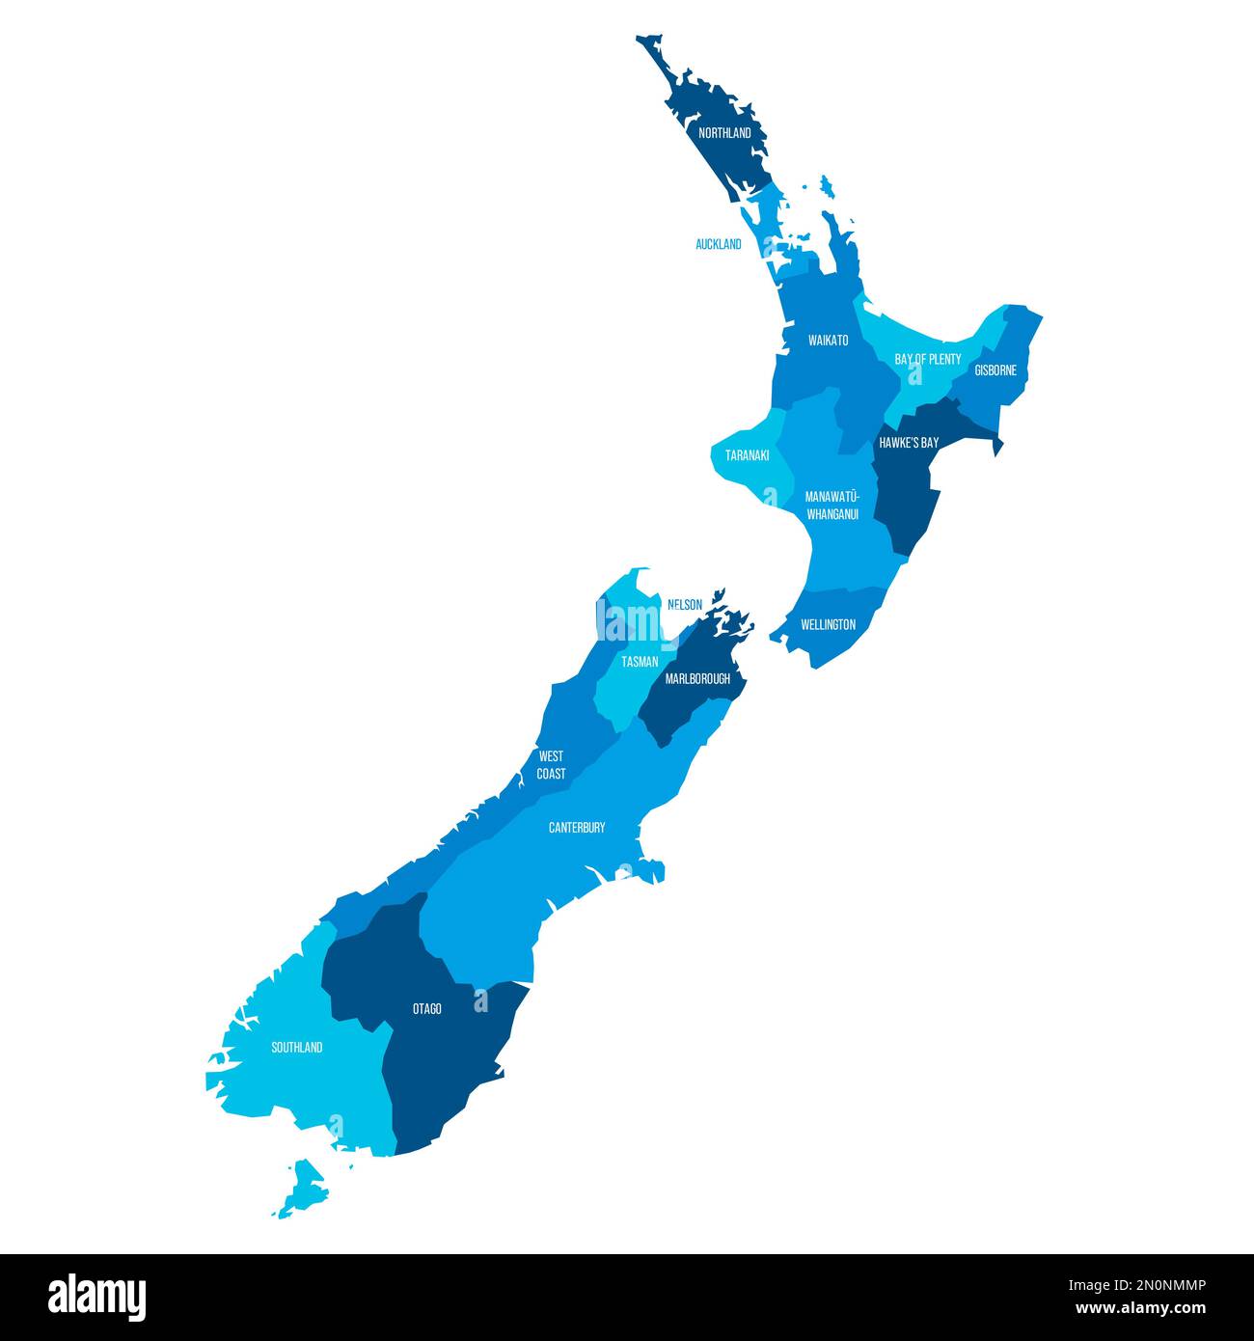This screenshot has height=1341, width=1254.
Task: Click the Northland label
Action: (x=724, y=133)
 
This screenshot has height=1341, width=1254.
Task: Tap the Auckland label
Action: (x=719, y=244)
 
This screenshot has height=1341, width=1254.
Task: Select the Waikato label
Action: (x=829, y=341)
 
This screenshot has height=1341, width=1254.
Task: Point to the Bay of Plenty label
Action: (x=928, y=359)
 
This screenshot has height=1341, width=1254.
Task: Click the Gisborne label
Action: (x=995, y=370)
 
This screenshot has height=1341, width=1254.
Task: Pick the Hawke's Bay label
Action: (x=908, y=443)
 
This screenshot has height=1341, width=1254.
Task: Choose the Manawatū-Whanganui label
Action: (x=832, y=506)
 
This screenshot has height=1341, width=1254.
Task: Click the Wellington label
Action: (x=828, y=624)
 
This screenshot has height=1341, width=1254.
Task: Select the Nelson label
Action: (x=685, y=605)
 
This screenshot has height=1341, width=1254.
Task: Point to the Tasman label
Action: (x=640, y=662)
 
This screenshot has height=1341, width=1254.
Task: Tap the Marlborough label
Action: (x=697, y=679)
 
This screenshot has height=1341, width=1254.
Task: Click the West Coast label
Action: (x=552, y=765)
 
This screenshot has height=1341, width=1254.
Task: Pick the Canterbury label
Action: (x=577, y=828)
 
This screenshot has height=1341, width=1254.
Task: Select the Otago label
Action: (x=427, y=1009)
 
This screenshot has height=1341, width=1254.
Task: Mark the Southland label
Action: (x=297, y=1048)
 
